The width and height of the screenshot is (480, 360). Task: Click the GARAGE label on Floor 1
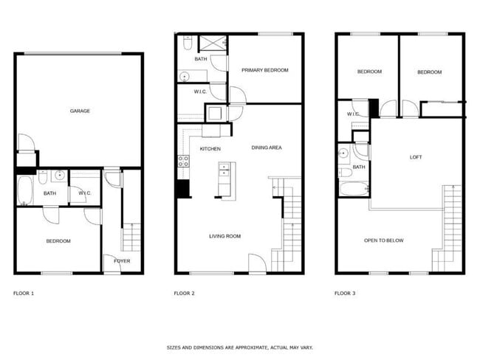click(x=80, y=111)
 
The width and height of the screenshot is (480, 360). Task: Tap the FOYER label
click(x=122, y=261)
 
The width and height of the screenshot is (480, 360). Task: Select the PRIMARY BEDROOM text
click(x=265, y=70)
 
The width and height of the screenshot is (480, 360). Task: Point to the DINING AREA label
click(x=267, y=148)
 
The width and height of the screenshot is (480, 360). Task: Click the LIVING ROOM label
click(x=224, y=236)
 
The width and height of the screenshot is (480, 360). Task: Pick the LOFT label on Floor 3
click(x=416, y=157)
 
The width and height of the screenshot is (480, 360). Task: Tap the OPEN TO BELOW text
click(x=383, y=240)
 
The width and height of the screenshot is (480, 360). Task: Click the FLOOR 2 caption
click(x=184, y=294)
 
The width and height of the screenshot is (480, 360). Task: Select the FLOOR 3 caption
click(x=345, y=294)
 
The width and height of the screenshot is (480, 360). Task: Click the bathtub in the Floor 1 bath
click(x=25, y=190)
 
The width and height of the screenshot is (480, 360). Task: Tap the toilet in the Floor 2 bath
click(x=188, y=43)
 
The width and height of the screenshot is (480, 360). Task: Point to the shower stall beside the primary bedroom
click(x=213, y=43)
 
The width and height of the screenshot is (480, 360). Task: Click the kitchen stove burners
click(x=183, y=162)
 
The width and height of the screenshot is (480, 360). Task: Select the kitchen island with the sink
click(x=227, y=181)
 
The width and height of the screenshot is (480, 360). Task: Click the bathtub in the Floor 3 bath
click(x=354, y=189)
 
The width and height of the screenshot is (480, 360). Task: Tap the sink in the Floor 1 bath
click(x=59, y=176)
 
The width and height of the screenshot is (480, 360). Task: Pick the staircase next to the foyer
click(x=131, y=238)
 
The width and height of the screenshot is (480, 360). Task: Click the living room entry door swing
click(x=257, y=263)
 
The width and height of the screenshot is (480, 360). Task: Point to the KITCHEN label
click(x=210, y=149)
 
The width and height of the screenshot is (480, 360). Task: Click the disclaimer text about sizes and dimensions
click(x=240, y=347)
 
